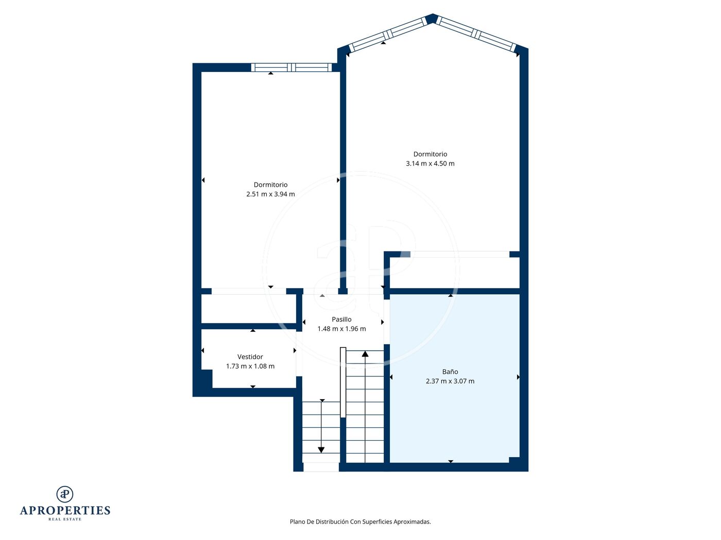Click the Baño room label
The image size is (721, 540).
[x=450, y=371]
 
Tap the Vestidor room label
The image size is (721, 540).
[x=250, y=356]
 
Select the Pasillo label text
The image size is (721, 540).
[x=341, y=319]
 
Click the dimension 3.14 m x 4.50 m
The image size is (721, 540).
[x=430, y=163]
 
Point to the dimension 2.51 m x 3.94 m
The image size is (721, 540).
[x=270, y=194]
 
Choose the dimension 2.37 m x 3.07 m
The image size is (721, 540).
[x=450, y=381]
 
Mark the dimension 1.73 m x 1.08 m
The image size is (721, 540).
[x=250, y=366]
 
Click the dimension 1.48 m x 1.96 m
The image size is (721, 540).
[x=341, y=329]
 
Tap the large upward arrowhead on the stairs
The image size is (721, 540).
[x=365, y=354]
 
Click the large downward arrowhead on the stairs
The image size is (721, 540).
[x=321, y=450]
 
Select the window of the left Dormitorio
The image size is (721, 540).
[x=291, y=67]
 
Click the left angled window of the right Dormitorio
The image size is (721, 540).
[x=387, y=34]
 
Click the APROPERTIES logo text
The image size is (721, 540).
[x=65, y=511]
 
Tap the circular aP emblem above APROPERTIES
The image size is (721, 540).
[x=65, y=494]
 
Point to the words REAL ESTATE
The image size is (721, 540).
[x=65, y=519]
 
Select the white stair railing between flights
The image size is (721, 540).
[x=342, y=382]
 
